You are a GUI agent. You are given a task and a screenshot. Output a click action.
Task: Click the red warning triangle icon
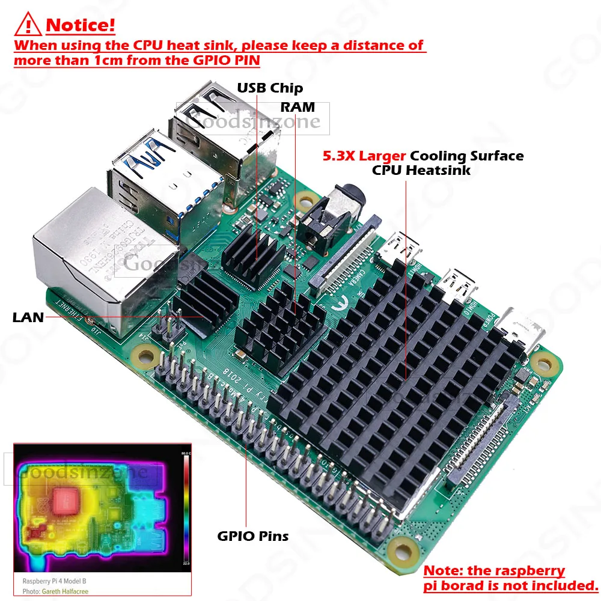coord(28,25)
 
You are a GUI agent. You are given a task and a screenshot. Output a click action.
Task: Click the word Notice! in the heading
coord(81,26)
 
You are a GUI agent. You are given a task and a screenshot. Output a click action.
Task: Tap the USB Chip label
coord(270,88)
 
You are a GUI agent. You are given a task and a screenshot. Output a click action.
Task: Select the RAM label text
coord(297,107)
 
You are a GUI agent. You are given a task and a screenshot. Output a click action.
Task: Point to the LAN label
coord(28,317)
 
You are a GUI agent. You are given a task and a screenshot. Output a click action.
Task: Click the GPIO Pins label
coord(252,535)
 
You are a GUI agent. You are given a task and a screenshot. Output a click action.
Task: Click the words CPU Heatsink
coord(421,170)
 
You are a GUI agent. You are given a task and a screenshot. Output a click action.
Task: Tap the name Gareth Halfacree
coord(66,591)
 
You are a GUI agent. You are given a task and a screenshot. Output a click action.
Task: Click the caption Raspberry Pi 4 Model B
coord(55,581)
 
